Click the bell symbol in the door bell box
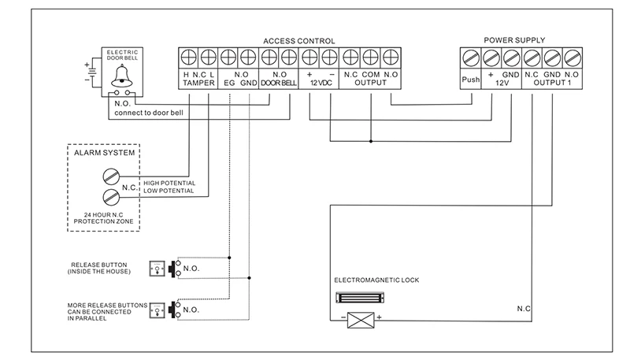[x=122, y=76]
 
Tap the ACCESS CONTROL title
[x=299, y=41]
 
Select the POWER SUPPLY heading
[x=514, y=40]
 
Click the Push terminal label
[x=470, y=80]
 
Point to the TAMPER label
[x=198, y=83]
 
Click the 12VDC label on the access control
[x=321, y=83]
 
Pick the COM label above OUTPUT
[x=371, y=75]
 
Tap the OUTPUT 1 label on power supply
[x=552, y=83]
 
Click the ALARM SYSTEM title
[x=104, y=153]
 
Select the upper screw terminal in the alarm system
[x=111, y=176]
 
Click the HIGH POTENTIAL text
[x=169, y=184]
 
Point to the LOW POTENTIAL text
[x=169, y=191]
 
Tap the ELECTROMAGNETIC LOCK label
[x=376, y=280]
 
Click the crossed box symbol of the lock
[x=361, y=321]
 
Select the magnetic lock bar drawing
[x=360, y=298]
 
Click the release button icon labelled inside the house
[x=157, y=269]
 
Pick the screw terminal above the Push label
[x=471, y=58]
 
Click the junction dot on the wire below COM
[x=371, y=142]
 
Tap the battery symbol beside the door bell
[x=93, y=72]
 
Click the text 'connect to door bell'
[x=149, y=113]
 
